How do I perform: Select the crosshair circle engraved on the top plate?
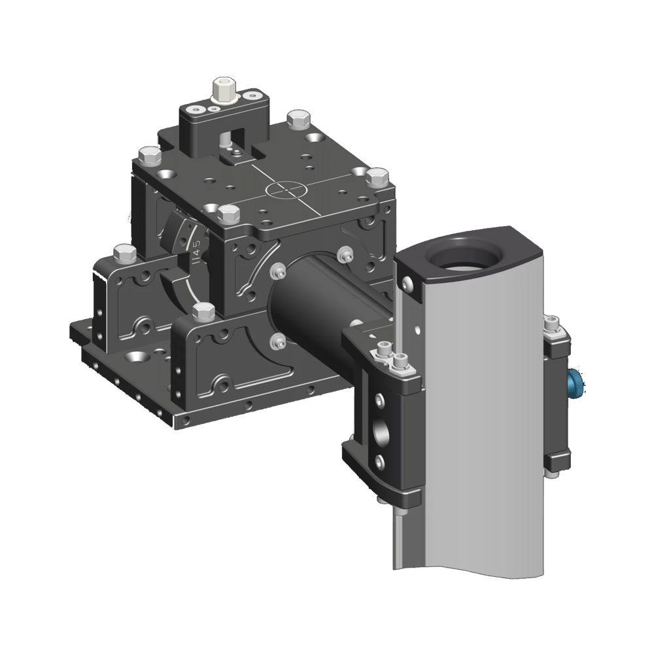(286, 190)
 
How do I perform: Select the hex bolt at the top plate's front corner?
(228, 214)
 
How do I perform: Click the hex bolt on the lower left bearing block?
(121, 252)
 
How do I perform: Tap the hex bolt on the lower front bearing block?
(203, 311)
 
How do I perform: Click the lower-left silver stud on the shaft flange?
(279, 339)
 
